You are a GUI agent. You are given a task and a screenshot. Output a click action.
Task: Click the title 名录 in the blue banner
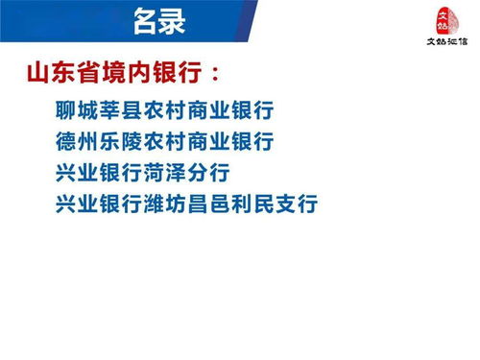160,18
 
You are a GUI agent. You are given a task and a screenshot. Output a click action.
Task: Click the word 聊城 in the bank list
78,109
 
